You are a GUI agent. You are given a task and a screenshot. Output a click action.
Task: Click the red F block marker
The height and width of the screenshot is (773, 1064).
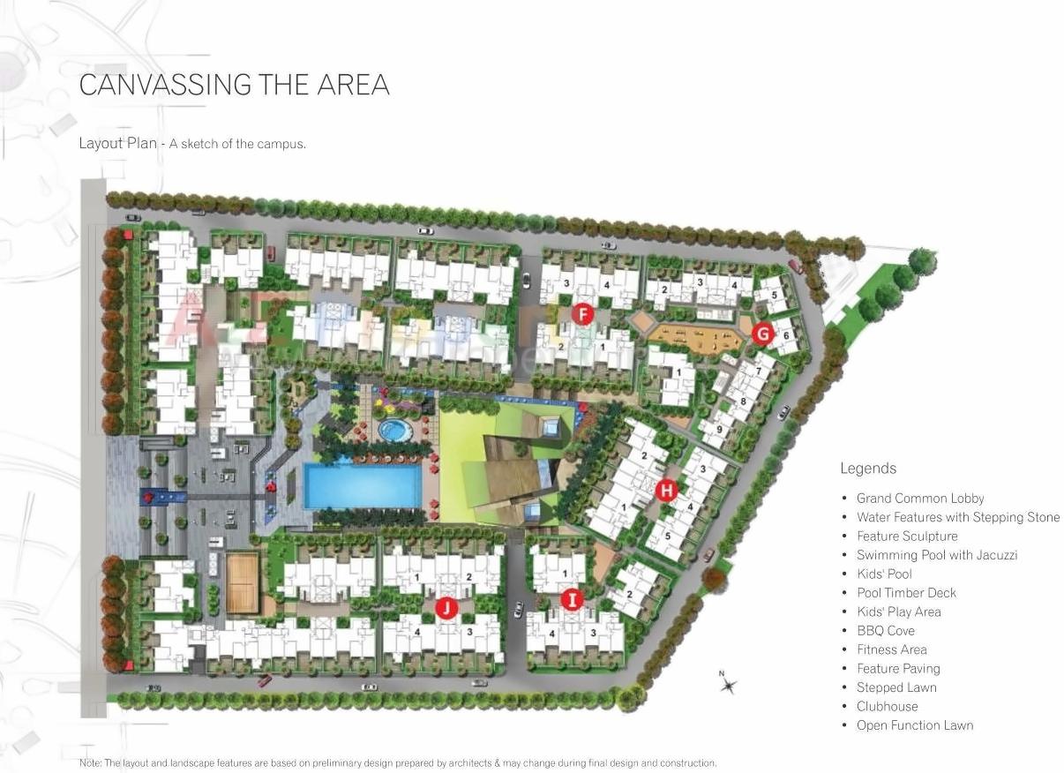581,313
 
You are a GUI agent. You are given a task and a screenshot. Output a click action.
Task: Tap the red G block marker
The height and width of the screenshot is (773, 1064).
763,334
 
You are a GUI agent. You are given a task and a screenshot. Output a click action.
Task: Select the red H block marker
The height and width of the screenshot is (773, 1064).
667,489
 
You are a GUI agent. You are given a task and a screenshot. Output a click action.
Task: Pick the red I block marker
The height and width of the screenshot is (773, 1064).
573,601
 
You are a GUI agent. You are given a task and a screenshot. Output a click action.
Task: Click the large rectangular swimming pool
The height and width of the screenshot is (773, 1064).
363,486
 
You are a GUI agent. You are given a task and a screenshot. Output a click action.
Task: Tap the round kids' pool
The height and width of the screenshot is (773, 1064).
393,431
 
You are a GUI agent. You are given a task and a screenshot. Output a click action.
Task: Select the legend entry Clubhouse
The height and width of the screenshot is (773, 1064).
887,706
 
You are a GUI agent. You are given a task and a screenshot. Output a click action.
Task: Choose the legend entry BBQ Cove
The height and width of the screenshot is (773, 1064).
885,630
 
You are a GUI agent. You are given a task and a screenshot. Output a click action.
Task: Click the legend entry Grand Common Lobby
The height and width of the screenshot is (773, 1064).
920,498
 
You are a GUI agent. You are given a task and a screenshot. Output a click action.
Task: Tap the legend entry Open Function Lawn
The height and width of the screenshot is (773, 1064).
914,725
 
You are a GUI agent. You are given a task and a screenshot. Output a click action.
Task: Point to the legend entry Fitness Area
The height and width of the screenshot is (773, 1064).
891,649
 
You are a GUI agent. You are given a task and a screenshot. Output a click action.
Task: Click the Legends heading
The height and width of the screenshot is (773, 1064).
867,469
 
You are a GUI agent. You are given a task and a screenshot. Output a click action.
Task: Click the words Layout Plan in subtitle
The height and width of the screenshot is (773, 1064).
117,143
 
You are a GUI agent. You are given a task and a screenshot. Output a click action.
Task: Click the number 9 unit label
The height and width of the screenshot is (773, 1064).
719,430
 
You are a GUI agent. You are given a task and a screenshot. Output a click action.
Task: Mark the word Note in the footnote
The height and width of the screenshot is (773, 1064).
90,762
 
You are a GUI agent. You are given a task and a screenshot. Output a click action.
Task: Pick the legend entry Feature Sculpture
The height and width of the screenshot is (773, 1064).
906,536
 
